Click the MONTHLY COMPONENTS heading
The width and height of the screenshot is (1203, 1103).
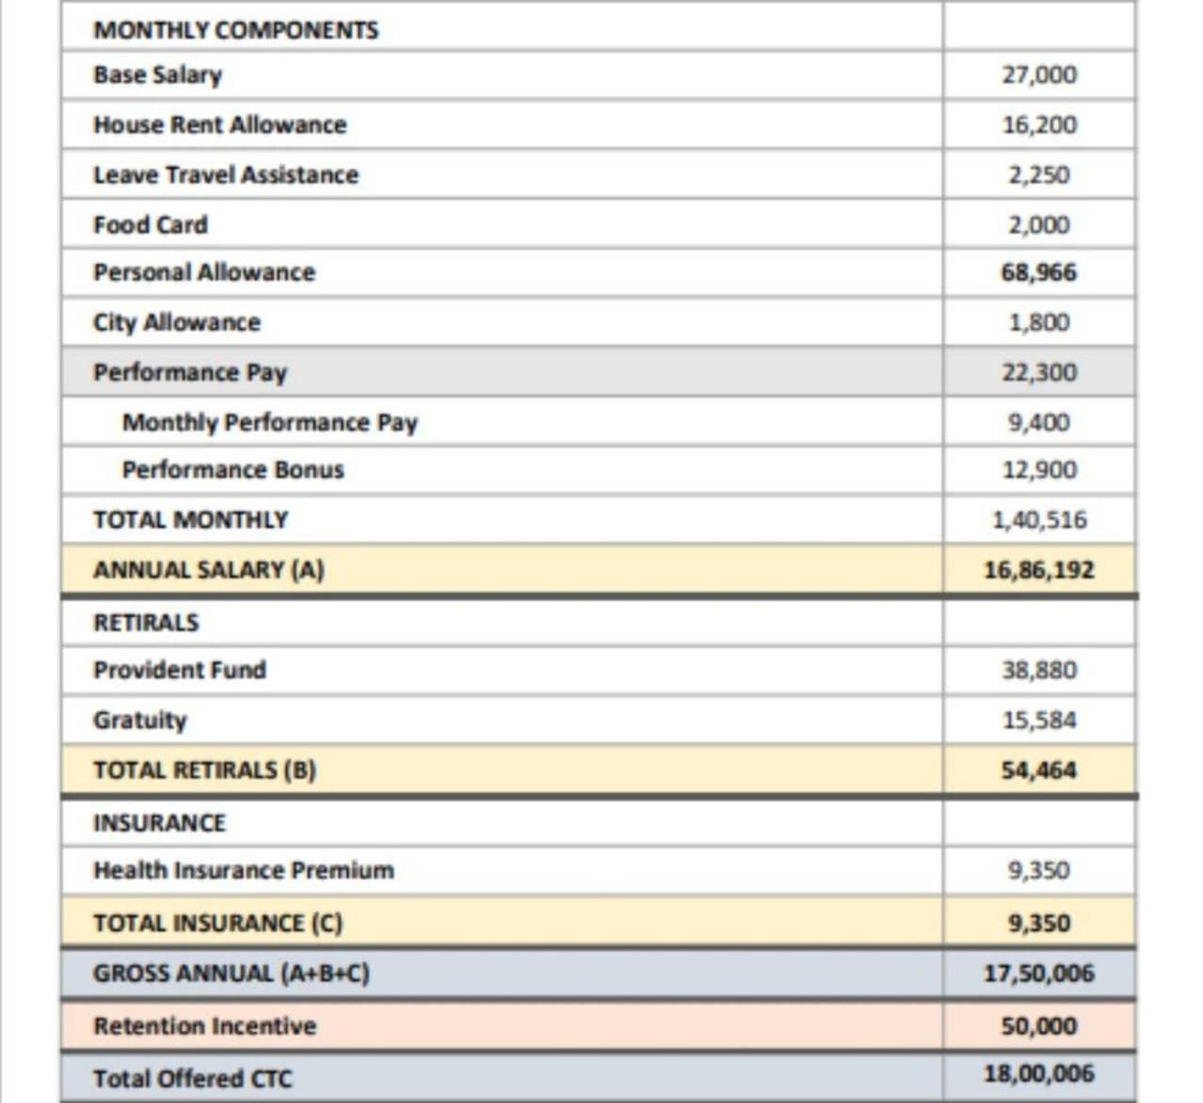(x=236, y=30)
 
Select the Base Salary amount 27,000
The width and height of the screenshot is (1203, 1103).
(x=1039, y=75)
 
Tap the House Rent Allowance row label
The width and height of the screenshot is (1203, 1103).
(x=220, y=125)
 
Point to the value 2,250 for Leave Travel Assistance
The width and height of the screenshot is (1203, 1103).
(x=1039, y=175)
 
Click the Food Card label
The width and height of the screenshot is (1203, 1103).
(x=150, y=225)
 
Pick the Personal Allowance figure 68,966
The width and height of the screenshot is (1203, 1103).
(x=1039, y=273)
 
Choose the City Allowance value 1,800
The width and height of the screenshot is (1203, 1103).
(x=1039, y=323)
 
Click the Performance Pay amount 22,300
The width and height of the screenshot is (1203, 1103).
(x=1039, y=373)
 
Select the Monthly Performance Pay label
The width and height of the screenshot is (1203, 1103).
(x=270, y=423)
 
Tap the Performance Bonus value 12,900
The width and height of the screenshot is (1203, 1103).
(x=1039, y=470)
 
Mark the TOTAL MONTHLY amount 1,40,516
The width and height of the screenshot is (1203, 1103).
(x=1039, y=521)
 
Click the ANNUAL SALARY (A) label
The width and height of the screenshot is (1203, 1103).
(x=209, y=570)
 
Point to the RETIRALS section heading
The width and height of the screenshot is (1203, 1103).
(x=146, y=622)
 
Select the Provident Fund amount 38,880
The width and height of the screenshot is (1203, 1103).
(x=1039, y=670)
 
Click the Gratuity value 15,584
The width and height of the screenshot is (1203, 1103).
(x=1039, y=720)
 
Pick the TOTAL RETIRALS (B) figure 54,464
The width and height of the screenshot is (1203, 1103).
(x=1039, y=770)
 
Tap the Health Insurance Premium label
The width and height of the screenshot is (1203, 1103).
(x=243, y=870)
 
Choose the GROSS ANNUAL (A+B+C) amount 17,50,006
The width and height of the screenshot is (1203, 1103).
(x=1039, y=974)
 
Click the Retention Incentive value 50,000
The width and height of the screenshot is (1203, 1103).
(x=1039, y=1026)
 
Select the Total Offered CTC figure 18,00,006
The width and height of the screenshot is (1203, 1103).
(x=1039, y=1074)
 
